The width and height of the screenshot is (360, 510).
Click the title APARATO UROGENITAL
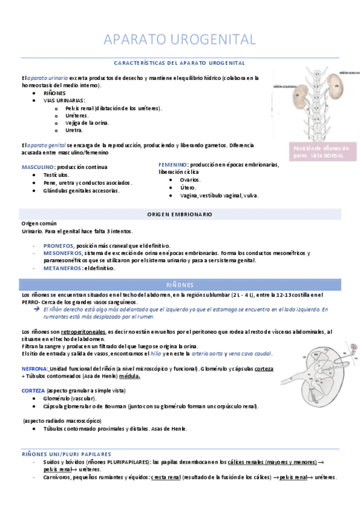click(x=180, y=40)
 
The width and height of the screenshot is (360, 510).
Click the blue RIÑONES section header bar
click(x=180, y=284)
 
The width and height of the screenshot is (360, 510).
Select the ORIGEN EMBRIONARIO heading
click(x=180, y=214)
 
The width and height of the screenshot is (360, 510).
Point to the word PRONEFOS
click(x=58, y=245)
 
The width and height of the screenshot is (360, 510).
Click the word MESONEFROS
click(x=62, y=253)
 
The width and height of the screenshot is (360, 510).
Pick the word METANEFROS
click(x=63, y=268)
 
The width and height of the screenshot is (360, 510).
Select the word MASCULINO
click(x=38, y=167)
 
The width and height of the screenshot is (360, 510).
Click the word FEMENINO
click(x=172, y=164)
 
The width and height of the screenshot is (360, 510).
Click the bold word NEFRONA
click(x=35, y=367)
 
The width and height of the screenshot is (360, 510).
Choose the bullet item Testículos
click(x=56, y=174)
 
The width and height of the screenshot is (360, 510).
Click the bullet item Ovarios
click(x=189, y=179)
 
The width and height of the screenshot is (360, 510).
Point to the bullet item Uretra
click(x=74, y=130)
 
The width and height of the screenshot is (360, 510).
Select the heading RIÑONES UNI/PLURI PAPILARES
click(x=66, y=453)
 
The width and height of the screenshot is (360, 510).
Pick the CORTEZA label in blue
click(x=33, y=390)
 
